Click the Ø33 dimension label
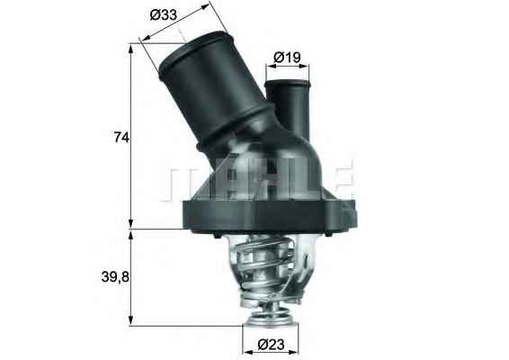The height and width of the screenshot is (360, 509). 163,15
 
